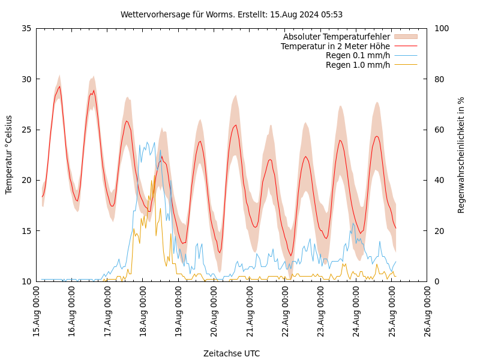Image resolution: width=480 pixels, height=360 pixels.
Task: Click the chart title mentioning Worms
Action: coord(232,14)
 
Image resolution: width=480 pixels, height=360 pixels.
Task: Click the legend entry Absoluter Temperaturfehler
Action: coord(336,37)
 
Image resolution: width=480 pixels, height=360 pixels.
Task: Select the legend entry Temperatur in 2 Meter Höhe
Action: coord(335,46)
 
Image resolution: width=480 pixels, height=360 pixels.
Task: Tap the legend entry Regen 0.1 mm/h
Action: coord(358,55)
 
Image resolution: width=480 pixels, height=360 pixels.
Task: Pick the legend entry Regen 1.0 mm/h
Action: coord(358,65)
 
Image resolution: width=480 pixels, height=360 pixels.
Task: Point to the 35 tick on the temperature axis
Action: coord(26,28)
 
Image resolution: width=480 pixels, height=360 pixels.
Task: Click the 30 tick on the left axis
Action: coord(26,79)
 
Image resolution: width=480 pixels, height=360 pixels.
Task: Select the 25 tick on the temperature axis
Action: coord(26,130)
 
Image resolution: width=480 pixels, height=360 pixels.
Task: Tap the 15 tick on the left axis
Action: coord(26,231)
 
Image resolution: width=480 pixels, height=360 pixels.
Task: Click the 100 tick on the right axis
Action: coord(442,28)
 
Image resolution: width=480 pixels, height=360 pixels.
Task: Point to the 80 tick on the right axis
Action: coord(439,79)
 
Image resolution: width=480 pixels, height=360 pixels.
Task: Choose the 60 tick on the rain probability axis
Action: coord(439,130)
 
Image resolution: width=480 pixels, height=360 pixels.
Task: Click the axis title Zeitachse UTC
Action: coord(232,353)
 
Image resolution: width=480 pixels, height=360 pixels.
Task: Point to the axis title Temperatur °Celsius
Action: coord(9,155)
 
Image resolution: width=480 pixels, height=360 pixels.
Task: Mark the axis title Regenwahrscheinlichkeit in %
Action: coord(461,155)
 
